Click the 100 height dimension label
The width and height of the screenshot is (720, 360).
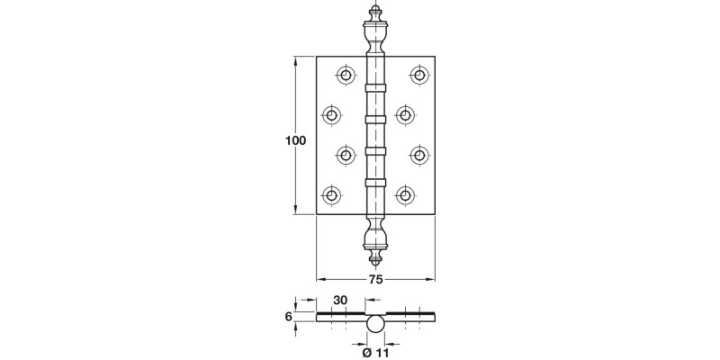tap(294, 140)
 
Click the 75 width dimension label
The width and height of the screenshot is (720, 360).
tap(375, 280)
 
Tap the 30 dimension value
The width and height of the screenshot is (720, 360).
tap(340, 300)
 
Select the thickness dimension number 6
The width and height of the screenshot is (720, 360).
tap(288, 316)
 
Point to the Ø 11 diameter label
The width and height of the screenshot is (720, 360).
tap(374, 352)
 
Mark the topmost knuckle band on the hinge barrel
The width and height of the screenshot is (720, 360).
tap(375, 87)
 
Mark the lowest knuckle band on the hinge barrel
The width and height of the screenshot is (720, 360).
tap(375, 183)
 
